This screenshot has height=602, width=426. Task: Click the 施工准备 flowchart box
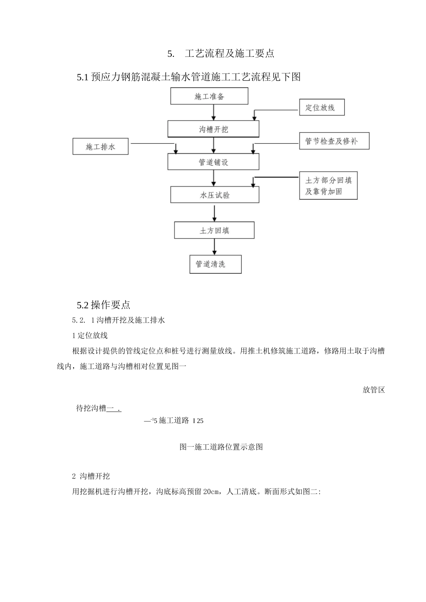coord(209,96)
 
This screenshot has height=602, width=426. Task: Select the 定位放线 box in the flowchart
coord(322,107)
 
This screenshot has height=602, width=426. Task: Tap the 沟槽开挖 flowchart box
coord(213,129)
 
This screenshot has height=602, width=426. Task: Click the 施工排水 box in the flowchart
coord(100,146)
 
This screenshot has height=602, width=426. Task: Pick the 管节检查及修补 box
coord(334,141)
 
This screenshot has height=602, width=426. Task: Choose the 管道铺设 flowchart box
coord(213,162)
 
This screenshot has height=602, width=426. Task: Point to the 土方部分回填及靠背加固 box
coord(328,186)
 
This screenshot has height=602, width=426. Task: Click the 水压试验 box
coord(215,195)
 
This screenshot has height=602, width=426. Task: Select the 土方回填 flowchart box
coord(214,230)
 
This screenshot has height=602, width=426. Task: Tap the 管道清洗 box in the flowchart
coord(215,264)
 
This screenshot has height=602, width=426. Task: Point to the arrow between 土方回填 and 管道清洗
coord(214,247)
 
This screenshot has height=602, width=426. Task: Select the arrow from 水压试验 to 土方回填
coord(215,212)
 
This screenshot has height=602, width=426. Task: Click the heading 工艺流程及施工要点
coord(229,54)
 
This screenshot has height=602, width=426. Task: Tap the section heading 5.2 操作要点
coord(104,305)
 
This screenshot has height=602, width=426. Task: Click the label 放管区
coord(374,390)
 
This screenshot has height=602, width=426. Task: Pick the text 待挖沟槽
coord(91,408)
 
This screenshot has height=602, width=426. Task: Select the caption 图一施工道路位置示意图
coord(221,447)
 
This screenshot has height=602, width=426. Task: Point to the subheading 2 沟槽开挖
coord(91,476)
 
